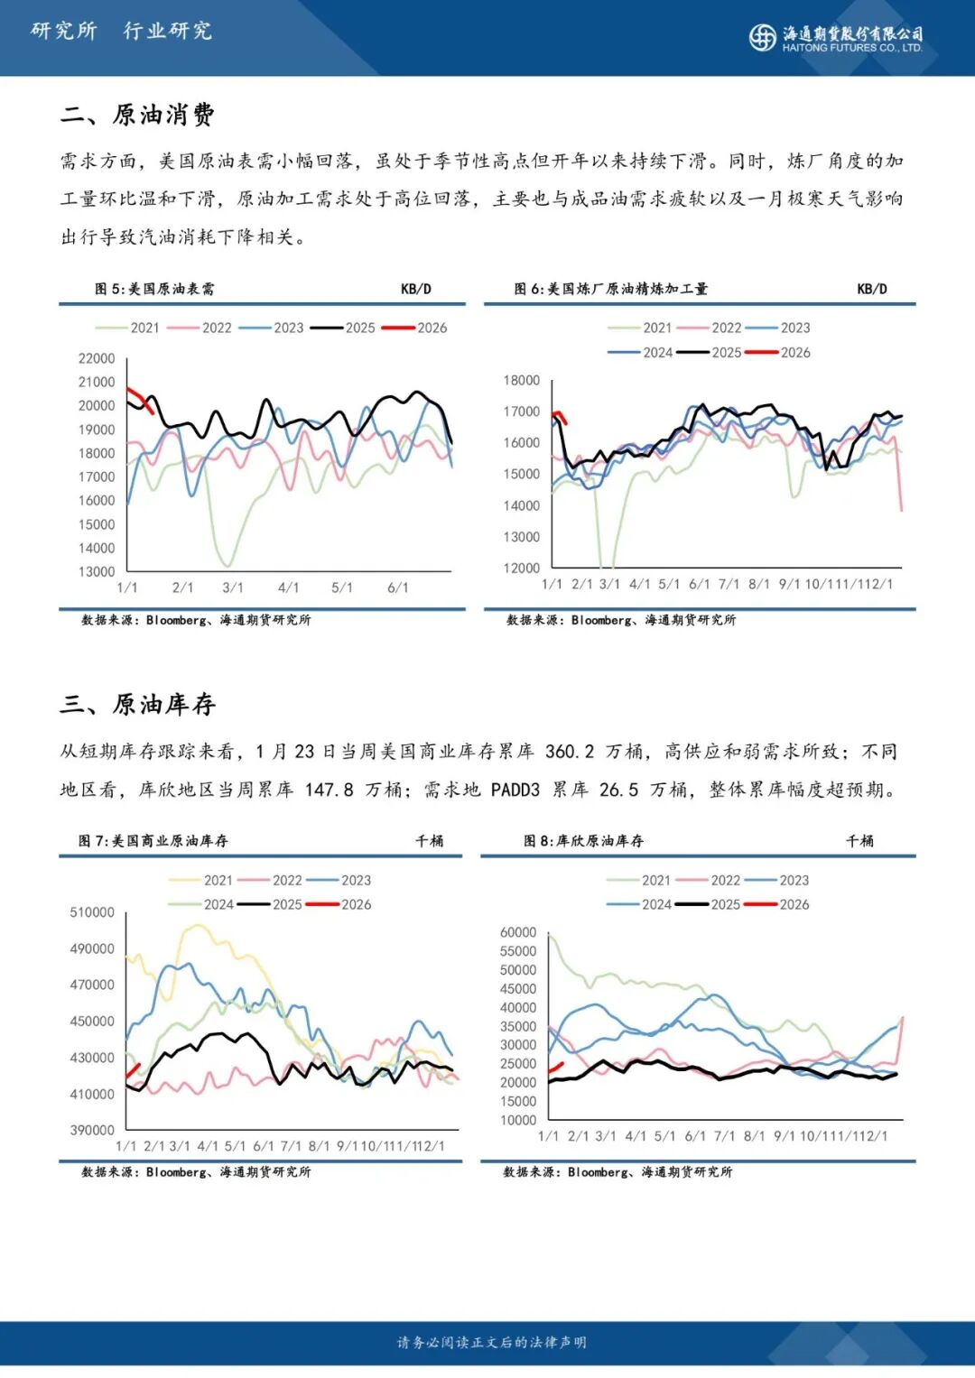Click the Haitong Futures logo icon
tap(762, 36)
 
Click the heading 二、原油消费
tap(137, 115)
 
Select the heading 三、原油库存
tap(137, 704)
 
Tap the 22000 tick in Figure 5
tap(97, 358)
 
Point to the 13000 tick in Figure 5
tap(97, 571)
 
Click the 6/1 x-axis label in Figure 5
tap(397, 587)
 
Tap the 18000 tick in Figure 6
tap(522, 381)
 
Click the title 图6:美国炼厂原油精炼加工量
tap(611, 289)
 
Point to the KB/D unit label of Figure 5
tap(416, 289)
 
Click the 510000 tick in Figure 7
tap(92, 912)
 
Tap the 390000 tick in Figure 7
tap(92, 1130)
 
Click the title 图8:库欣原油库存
tap(584, 841)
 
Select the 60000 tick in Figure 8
tap(518, 932)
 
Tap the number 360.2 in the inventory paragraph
tap(570, 752)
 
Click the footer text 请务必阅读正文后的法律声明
tap(492, 1343)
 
